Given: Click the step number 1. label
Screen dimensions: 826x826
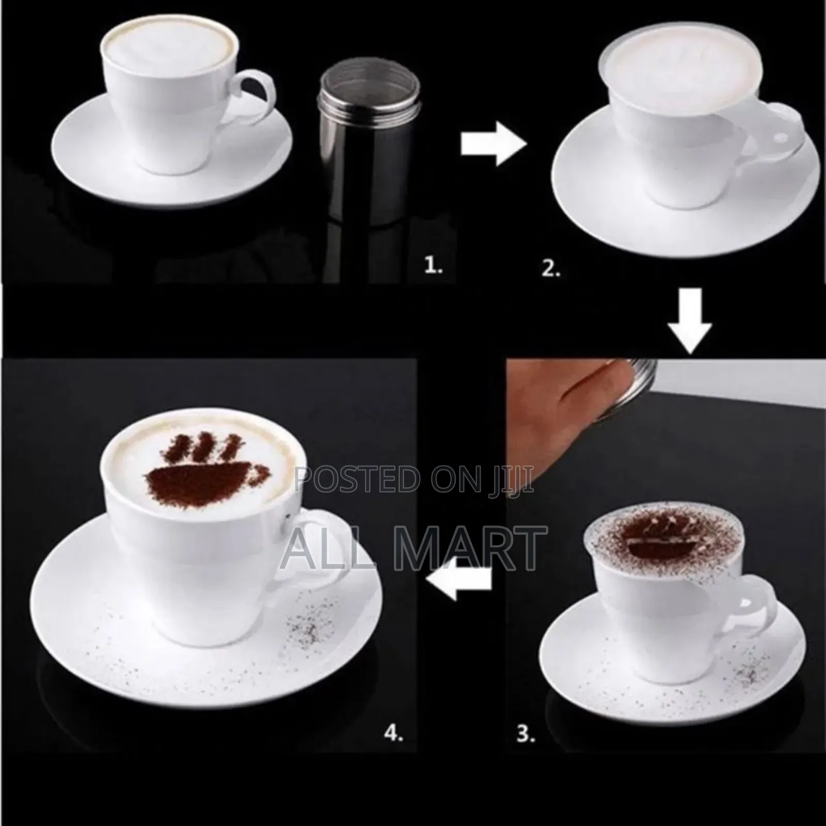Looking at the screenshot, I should click(433, 266).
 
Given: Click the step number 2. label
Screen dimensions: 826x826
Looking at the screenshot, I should click(551, 268).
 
